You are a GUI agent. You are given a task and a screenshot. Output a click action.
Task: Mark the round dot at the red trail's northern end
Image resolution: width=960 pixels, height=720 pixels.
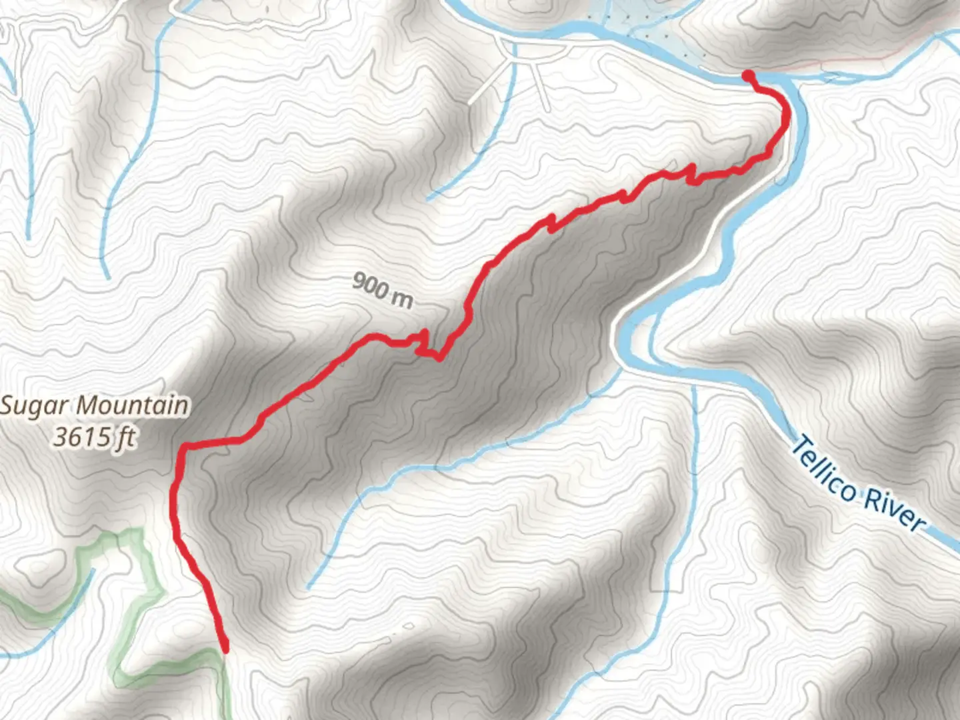tap(748, 75)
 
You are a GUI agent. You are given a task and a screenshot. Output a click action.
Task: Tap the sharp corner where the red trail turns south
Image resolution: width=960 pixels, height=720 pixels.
tap(183, 445)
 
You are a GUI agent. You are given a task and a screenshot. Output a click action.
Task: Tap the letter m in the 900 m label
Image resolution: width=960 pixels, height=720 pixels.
tap(403, 299)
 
